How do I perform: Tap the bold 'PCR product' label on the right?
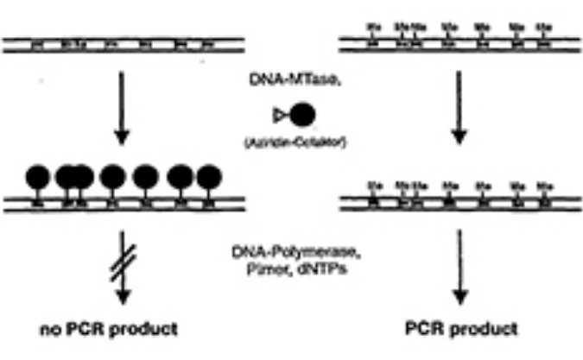click(x=460, y=329)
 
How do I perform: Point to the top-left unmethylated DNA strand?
click(x=120, y=41)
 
